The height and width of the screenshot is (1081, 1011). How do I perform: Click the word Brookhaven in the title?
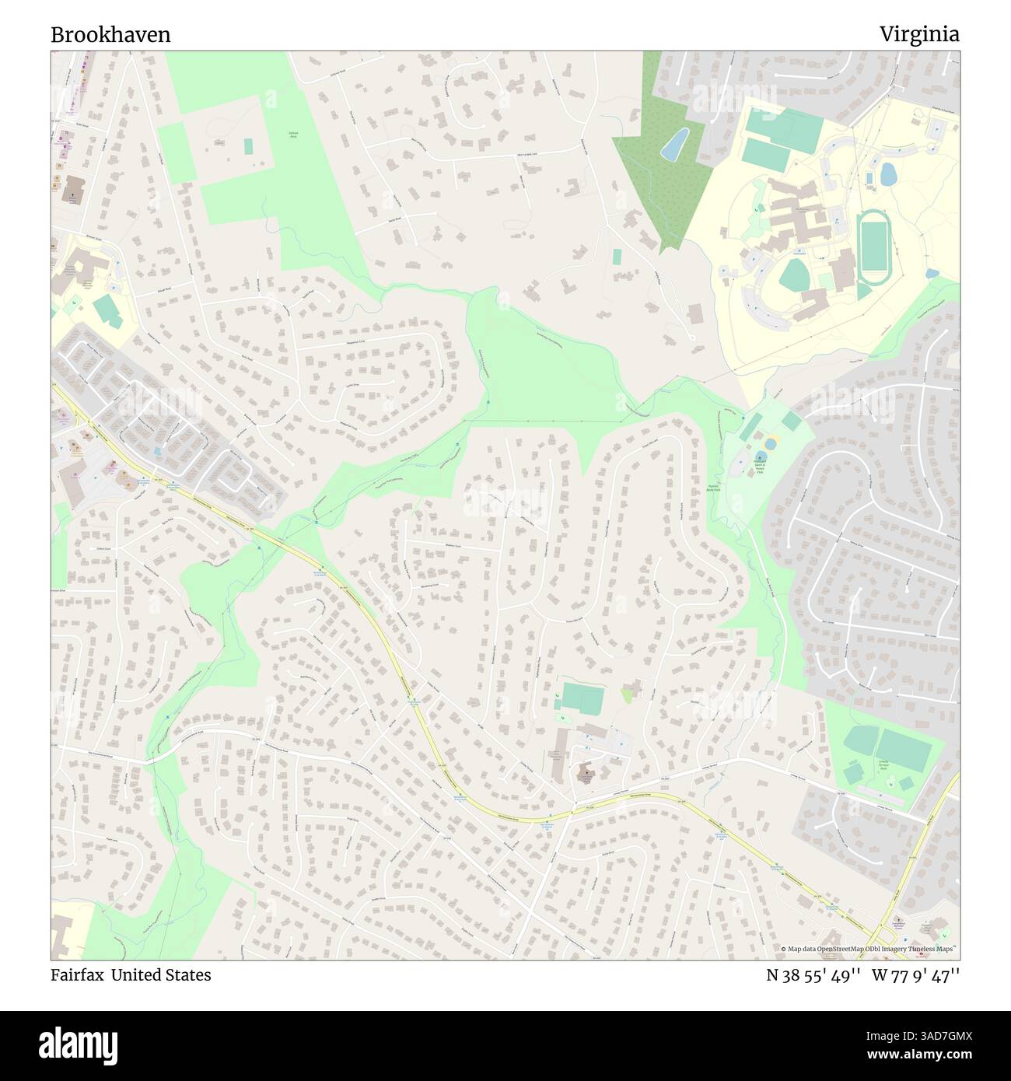(x=110, y=35)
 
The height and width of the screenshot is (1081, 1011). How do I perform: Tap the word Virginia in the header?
(x=919, y=34)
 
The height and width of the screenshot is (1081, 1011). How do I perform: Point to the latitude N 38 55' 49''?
(x=813, y=975)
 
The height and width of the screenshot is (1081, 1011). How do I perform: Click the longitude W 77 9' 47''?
(x=921, y=975)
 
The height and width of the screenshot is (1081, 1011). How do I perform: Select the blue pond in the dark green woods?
(x=673, y=144)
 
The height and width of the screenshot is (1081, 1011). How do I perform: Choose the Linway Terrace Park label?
(x=887, y=765)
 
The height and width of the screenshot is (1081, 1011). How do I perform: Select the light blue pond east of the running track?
(x=887, y=173)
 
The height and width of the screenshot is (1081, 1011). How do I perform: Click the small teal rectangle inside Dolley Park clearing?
(x=248, y=146)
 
